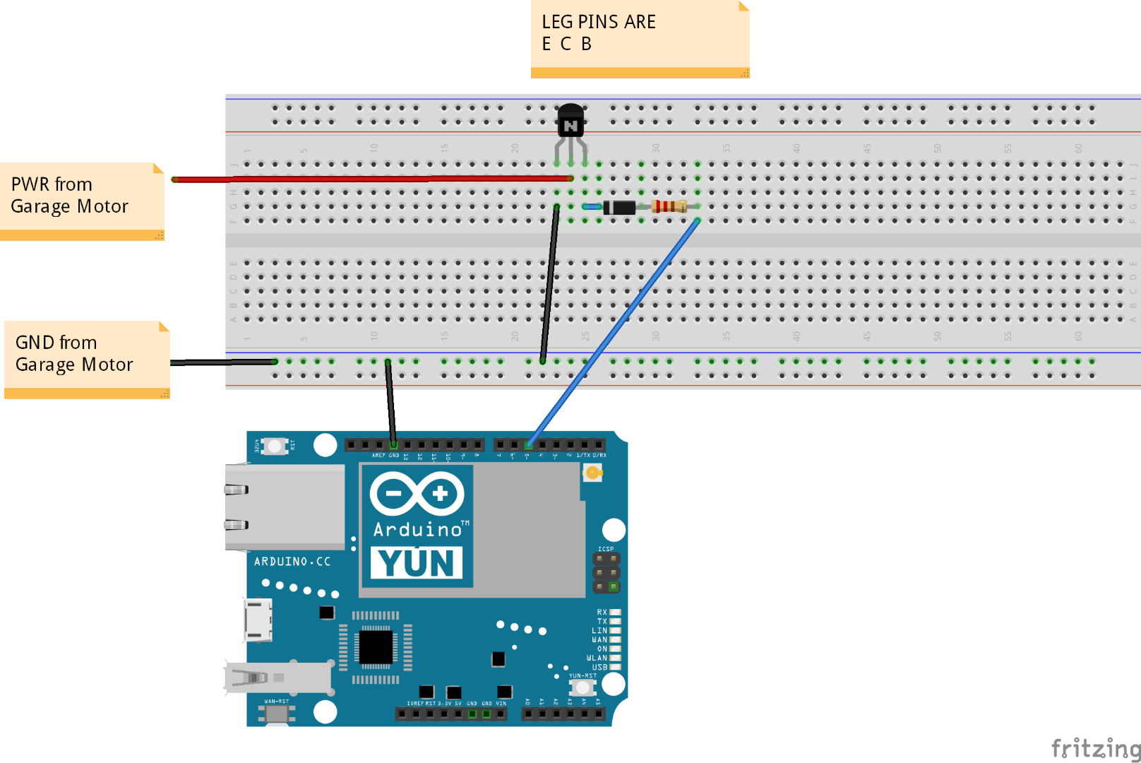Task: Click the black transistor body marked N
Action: pyautogui.click(x=570, y=122)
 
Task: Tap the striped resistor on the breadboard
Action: pyautogui.click(x=668, y=206)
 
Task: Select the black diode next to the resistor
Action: pyautogui.click(x=620, y=207)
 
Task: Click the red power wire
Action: pyautogui.click(x=367, y=179)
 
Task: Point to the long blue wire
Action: pyautogui.click(x=614, y=332)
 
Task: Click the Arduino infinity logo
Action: pyautogui.click(x=417, y=493)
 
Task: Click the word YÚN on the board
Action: pyautogui.click(x=417, y=562)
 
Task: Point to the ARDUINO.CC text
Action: pyautogui.click(x=292, y=562)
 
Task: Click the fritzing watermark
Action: pyautogui.click(x=1095, y=747)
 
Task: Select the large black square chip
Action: pyautogui.click(x=376, y=646)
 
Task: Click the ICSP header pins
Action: pyautogui.click(x=606, y=572)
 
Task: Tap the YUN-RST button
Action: pyautogui.click(x=583, y=687)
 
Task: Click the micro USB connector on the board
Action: pyautogui.click(x=258, y=620)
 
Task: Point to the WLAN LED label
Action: pyautogui.click(x=597, y=658)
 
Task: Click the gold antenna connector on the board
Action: pyautogui.click(x=592, y=473)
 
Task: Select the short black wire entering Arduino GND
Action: pyautogui.click(x=390, y=399)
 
